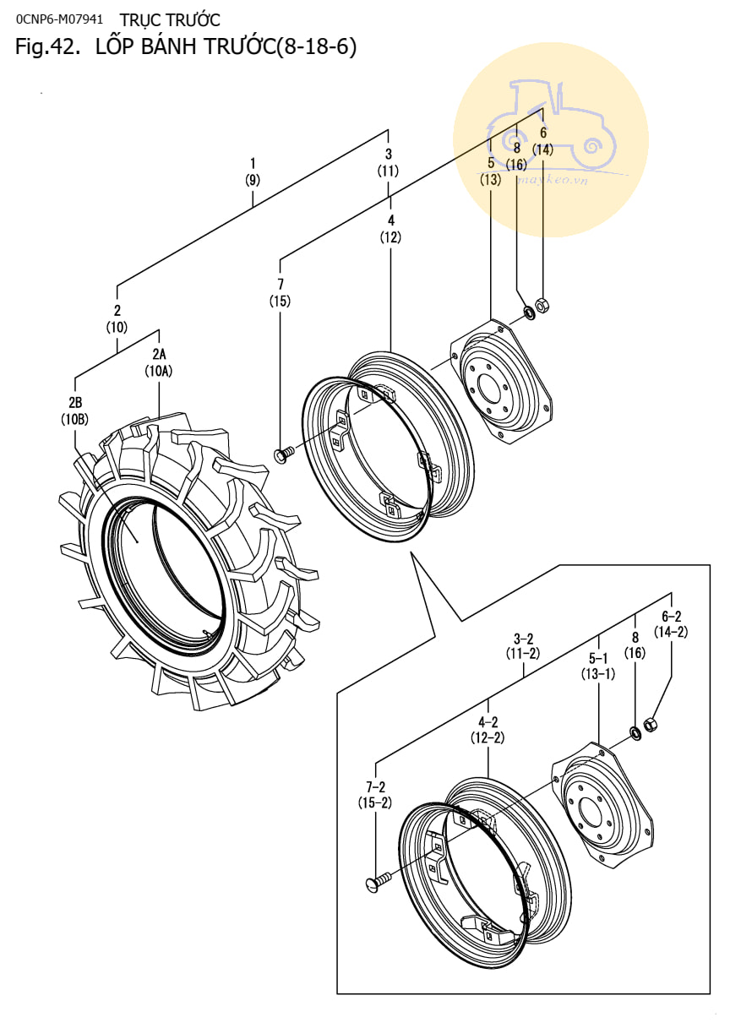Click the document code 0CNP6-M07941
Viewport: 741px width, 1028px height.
59,18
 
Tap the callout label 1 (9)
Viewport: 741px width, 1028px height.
252,171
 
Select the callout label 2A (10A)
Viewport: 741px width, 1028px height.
159,362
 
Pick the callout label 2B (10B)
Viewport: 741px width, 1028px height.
74,411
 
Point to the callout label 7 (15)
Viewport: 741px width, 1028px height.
280,291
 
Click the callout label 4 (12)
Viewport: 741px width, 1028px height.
390,228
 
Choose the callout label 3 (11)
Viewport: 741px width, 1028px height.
388,162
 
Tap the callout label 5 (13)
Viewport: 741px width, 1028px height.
490,171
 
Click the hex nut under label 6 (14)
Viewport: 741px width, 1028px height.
542,305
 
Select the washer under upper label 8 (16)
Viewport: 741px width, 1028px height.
529,313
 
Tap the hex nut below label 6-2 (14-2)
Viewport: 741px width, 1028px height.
651,724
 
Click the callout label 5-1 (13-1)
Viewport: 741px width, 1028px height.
598,666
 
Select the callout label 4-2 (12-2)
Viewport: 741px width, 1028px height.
488,730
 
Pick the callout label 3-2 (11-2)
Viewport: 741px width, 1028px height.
523,645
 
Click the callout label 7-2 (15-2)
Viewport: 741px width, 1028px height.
374,795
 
